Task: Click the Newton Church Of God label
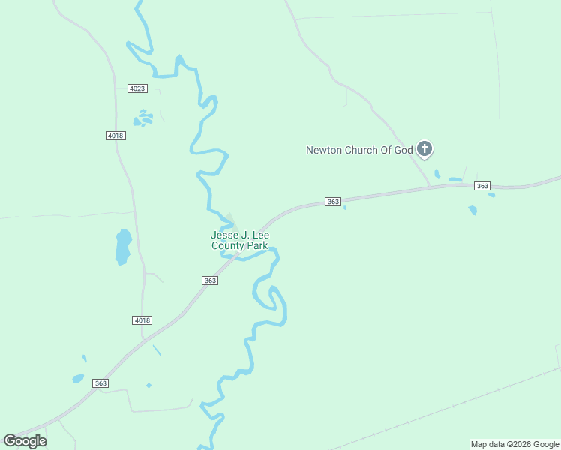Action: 359,150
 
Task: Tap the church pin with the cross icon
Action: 424,149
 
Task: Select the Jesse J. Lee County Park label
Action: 239,240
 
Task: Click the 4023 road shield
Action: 137,88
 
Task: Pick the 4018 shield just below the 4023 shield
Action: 115,136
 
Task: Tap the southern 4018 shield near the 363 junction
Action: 142,320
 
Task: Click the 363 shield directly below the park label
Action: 210,280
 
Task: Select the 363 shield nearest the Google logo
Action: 101,383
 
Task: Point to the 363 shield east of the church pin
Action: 482,186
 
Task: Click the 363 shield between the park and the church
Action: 334,202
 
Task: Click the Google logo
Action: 25,441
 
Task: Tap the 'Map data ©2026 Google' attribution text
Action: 514,444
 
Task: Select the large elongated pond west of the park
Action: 123,247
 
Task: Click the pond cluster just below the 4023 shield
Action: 142,118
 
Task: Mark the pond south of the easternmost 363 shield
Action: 472,210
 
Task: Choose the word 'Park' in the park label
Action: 257,245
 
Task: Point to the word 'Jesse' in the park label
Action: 223,235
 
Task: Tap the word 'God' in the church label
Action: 404,150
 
